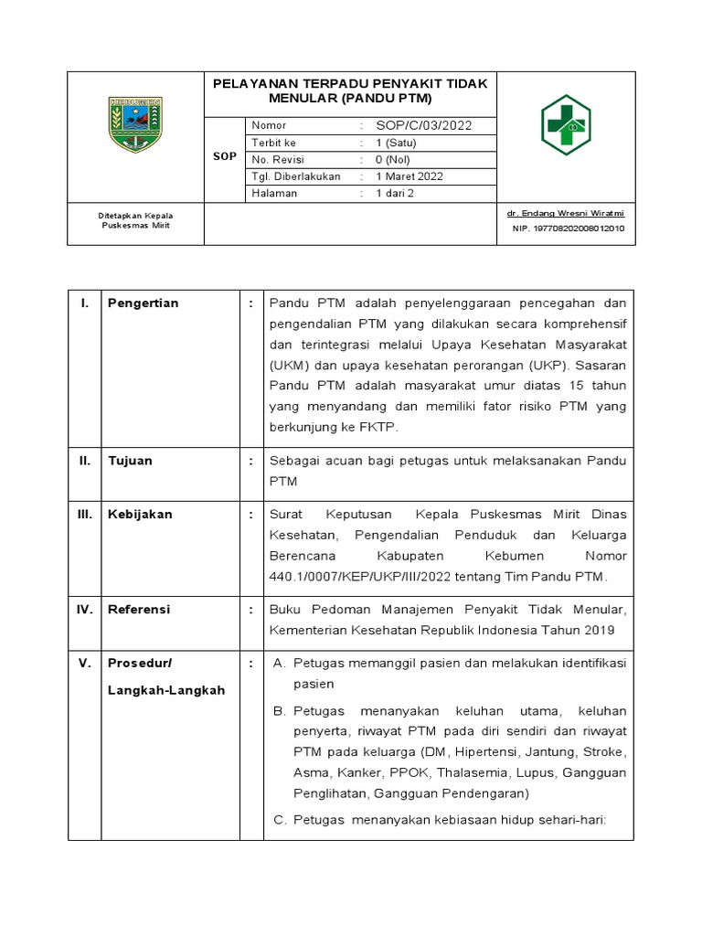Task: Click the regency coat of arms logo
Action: pyautogui.click(x=135, y=123)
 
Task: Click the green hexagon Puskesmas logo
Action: pyautogui.click(x=566, y=124)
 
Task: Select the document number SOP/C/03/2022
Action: pyautogui.click(x=423, y=125)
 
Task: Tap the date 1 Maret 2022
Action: pyautogui.click(x=409, y=176)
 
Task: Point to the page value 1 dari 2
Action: pyautogui.click(x=394, y=194)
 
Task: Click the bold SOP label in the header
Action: pyautogui.click(x=225, y=157)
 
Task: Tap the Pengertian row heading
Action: pyautogui.click(x=144, y=303)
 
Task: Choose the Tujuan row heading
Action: pyautogui.click(x=130, y=461)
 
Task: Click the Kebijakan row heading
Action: pyautogui.click(x=140, y=515)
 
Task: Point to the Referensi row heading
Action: pyautogui.click(x=139, y=609)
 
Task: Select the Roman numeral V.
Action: pyautogui.click(x=84, y=663)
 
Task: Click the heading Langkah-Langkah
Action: pyautogui.click(x=166, y=690)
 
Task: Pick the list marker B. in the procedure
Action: pyautogui.click(x=280, y=711)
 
